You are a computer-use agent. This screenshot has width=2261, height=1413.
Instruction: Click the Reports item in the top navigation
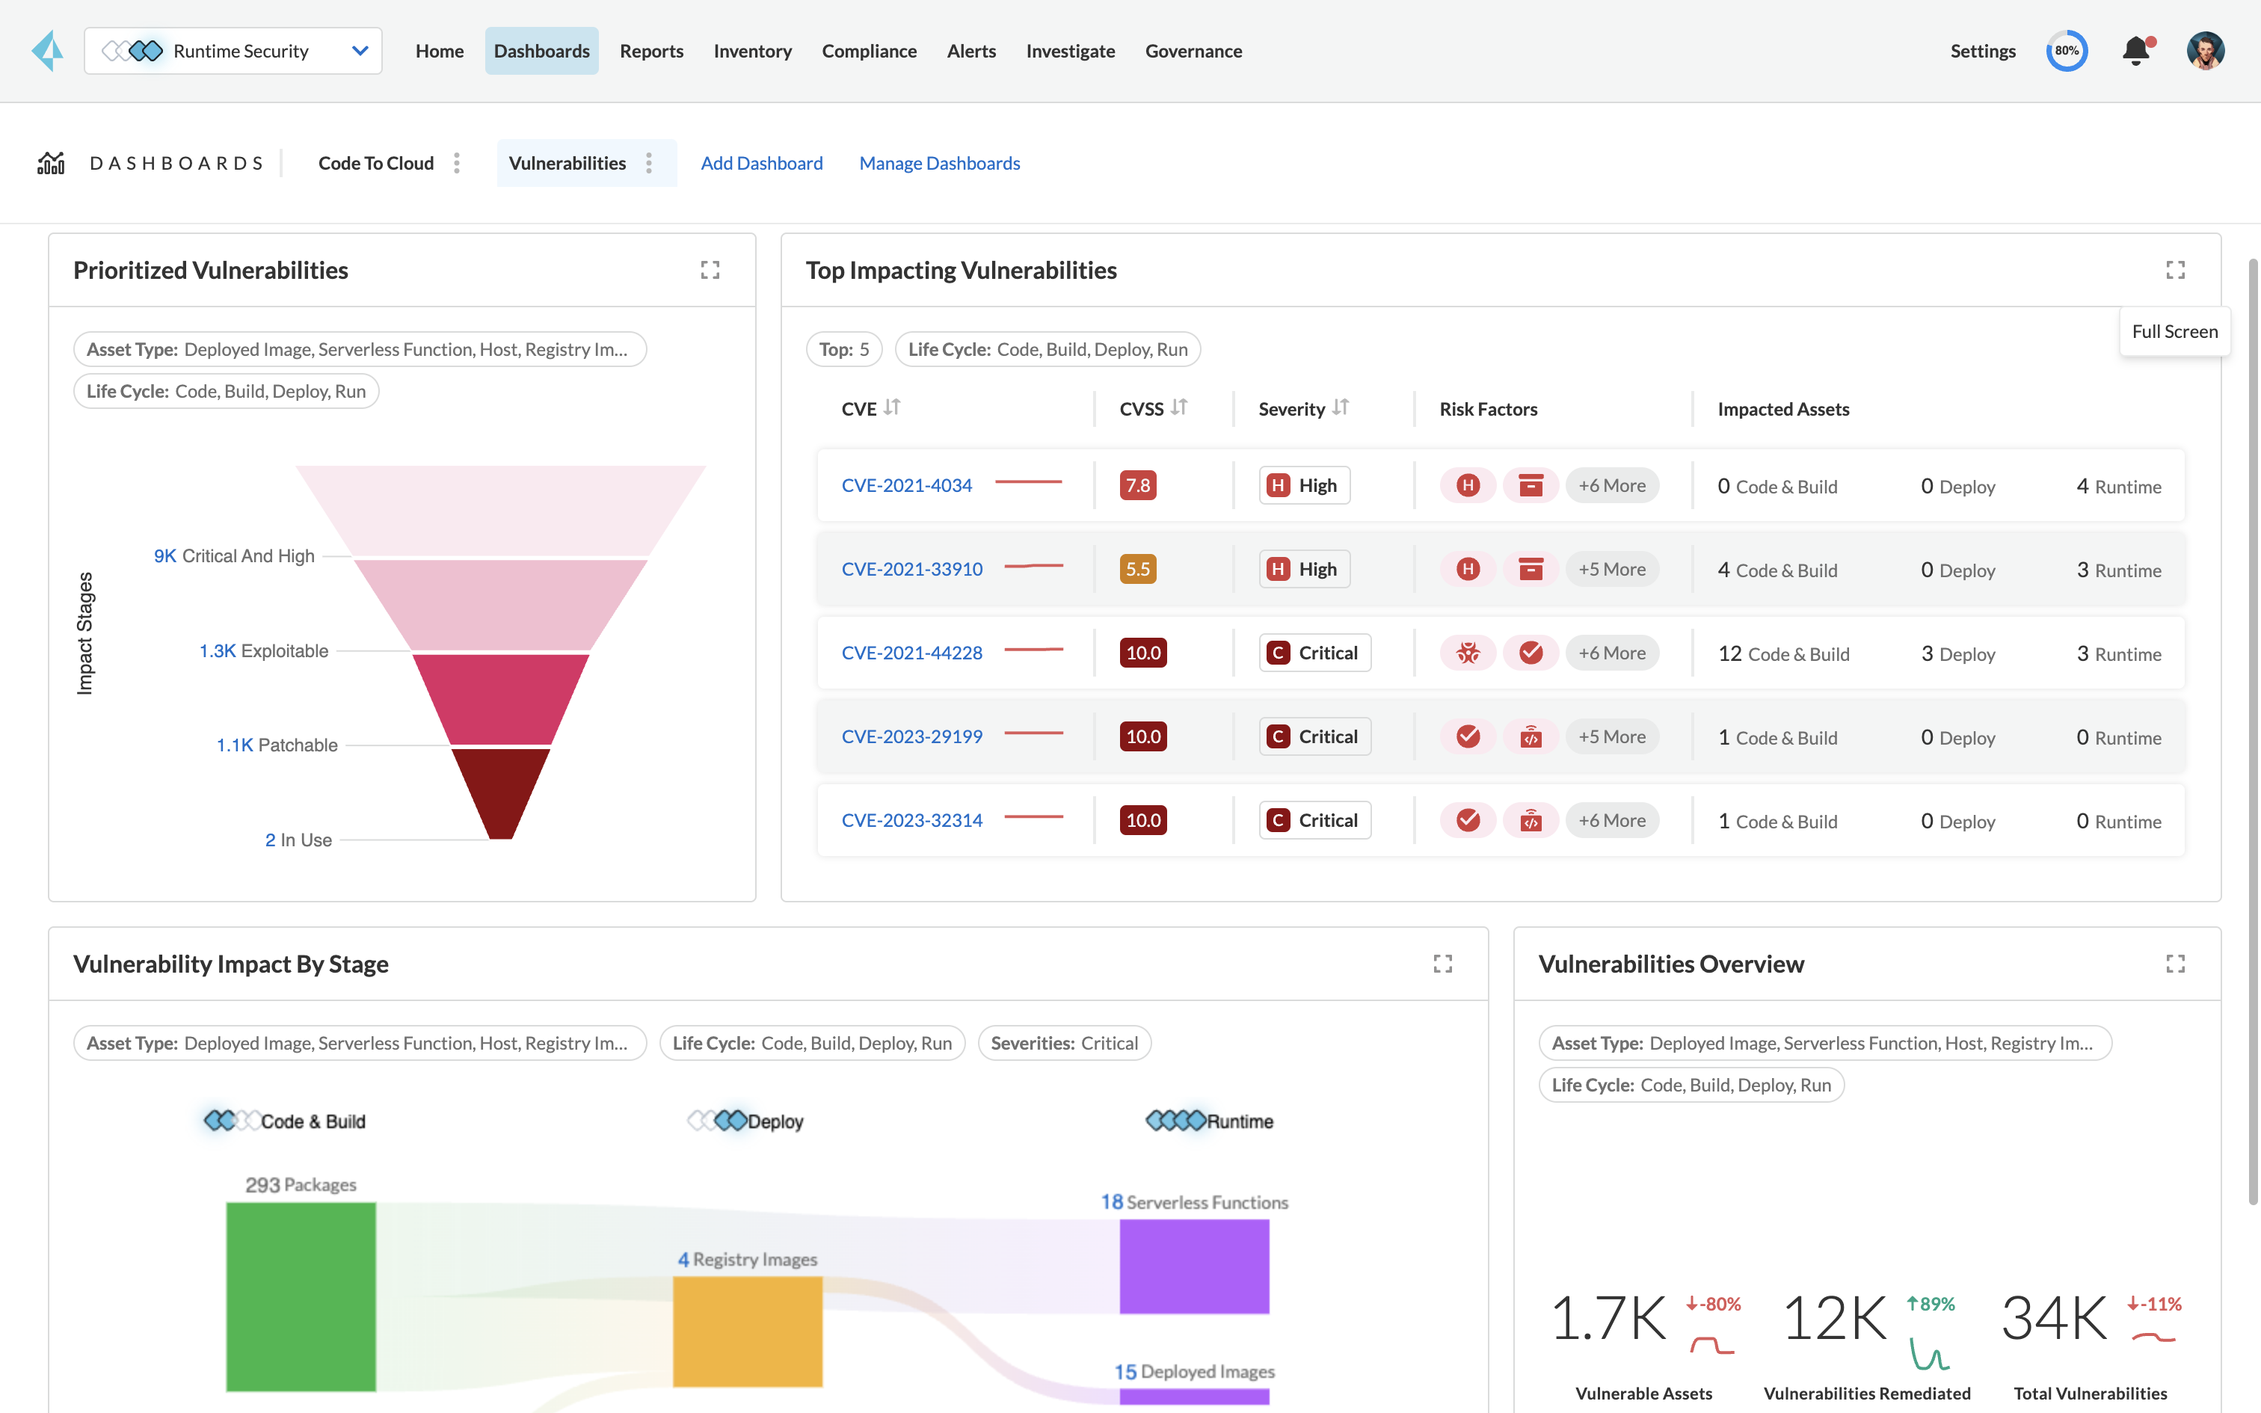pyautogui.click(x=651, y=52)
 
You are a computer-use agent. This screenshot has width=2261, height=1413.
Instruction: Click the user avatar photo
pyautogui.click(x=2205, y=52)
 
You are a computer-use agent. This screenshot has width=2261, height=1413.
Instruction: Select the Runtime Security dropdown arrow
pyautogui.click(x=360, y=52)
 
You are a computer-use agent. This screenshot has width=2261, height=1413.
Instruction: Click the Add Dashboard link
pyautogui.click(x=761, y=164)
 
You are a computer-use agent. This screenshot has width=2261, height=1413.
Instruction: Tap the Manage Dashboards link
pyautogui.click(x=939, y=164)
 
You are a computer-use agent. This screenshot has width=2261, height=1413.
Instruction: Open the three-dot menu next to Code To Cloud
pyautogui.click(x=457, y=164)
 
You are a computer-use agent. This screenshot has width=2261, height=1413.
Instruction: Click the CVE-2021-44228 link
pyautogui.click(x=912, y=653)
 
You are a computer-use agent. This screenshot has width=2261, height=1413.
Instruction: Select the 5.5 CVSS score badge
pyautogui.click(x=1137, y=569)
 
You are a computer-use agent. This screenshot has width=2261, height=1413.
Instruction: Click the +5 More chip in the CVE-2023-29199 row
pyautogui.click(x=1612, y=736)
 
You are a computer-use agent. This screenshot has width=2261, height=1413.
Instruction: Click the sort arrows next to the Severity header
pyautogui.click(x=1341, y=407)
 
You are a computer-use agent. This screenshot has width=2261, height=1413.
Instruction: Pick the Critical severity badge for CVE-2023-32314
pyautogui.click(x=1314, y=821)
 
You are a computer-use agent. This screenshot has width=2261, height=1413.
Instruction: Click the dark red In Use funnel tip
pyautogui.click(x=501, y=794)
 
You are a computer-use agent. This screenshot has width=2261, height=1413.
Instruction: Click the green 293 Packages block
pyautogui.click(x=301, y=1296)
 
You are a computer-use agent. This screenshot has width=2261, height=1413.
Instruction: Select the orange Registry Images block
pyautogui.click(x=748, y=1331)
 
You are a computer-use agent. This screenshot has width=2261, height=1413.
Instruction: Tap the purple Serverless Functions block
pyautogui.click(x=1194, y=1266)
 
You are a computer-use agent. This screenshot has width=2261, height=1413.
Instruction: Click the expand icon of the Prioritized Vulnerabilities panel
pyautogui.click(x=710, y=270)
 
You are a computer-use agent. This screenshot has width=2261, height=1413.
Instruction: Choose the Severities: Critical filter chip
pyautogui.click(x=1064, y=1043)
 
